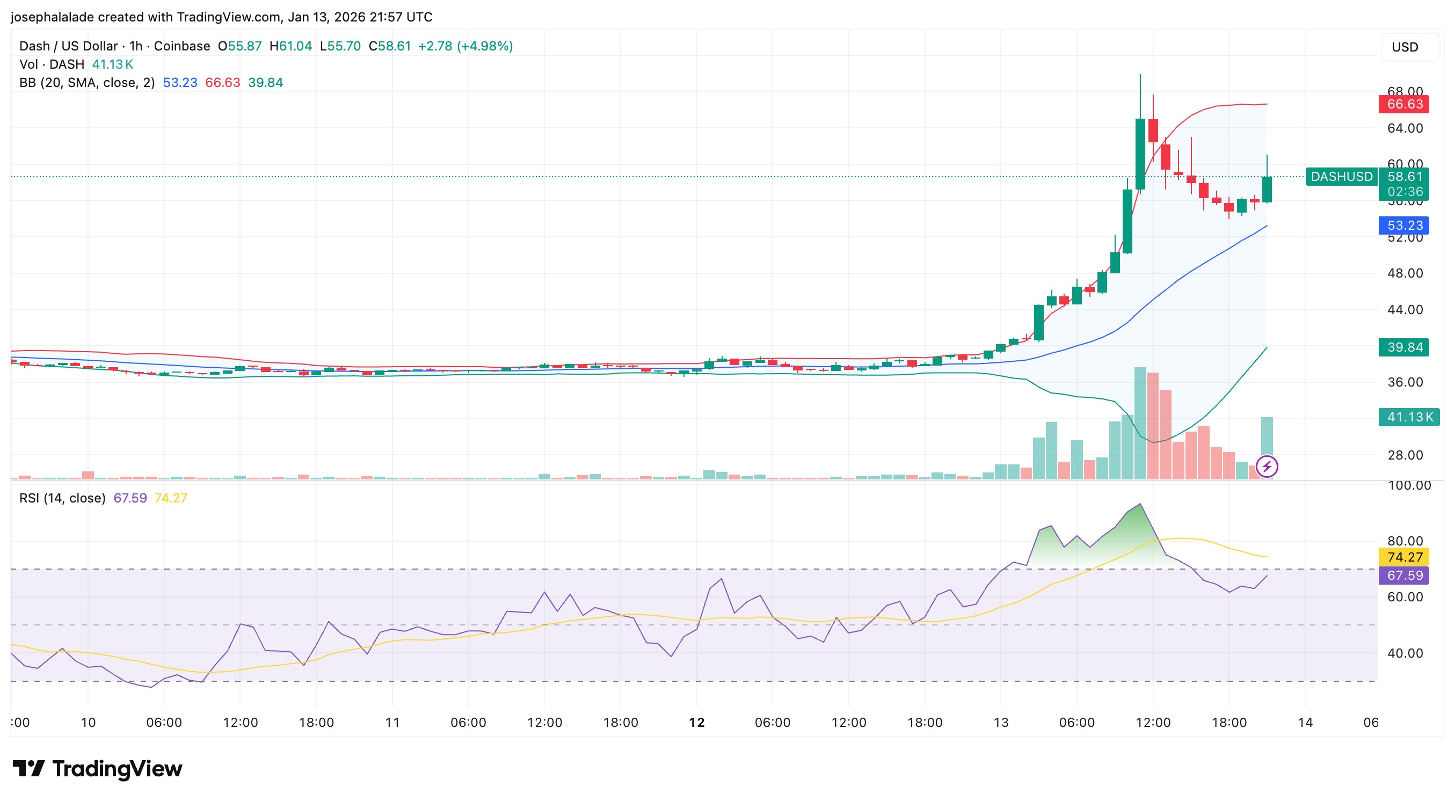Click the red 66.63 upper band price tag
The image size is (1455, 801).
point(1404,104)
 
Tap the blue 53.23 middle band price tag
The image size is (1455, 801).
point(1404,225)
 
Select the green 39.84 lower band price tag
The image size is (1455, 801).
point(1404,347)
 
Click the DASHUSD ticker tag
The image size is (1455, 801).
point(1342,177)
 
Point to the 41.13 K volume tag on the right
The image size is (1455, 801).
point(1409,417)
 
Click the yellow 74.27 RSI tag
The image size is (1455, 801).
point(1404,557)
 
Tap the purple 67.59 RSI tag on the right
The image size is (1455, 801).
point(1404,575)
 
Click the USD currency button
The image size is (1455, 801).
point(1405,47)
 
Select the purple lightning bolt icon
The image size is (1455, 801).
point(1267,467)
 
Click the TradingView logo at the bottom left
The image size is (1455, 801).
point(97,769)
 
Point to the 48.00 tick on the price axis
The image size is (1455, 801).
point(1405,273)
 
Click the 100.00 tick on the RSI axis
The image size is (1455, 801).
point(1409,486)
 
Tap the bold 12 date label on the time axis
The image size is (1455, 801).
point(696,723)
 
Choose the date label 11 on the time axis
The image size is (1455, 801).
point(392,723)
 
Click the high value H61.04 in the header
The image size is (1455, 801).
point(290,46)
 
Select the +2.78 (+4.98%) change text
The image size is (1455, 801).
point(465,46)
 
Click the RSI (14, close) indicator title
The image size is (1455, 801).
point(62,498)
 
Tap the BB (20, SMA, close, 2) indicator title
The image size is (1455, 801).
point(87,83)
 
